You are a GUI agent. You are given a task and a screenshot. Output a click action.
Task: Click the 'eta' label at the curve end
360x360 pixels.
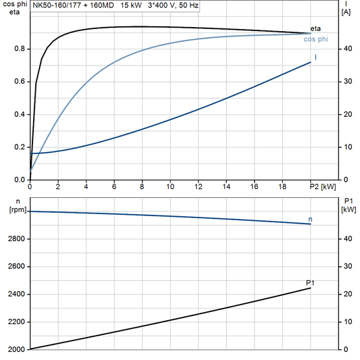point(315,28)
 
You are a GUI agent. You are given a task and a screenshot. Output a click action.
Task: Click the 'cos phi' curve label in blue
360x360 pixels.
point(317,39)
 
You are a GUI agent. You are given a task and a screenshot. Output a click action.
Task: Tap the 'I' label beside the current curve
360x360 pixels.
point(316,57)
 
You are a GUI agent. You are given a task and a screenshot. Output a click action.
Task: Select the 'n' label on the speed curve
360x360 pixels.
point(310,220)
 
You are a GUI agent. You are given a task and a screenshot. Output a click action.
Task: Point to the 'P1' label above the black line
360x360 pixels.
point(310,282)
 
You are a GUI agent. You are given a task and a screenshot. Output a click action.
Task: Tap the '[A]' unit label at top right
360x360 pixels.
point(346,12)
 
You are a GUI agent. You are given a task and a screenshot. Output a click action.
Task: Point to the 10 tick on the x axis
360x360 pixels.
point(170,186)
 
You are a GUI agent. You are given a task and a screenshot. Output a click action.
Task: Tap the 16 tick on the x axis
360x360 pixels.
point(254,186)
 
